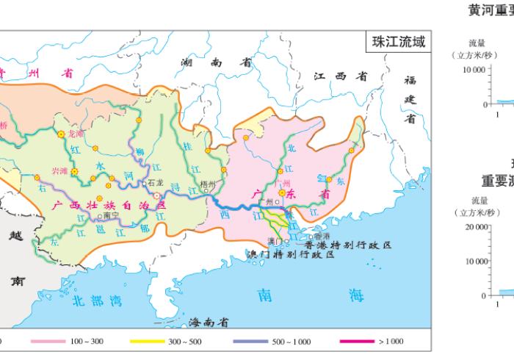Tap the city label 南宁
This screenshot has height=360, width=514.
tap(111, 216)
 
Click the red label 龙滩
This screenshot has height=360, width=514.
tap(76, 134)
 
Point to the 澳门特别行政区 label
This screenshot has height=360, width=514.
tap(290, 254)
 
